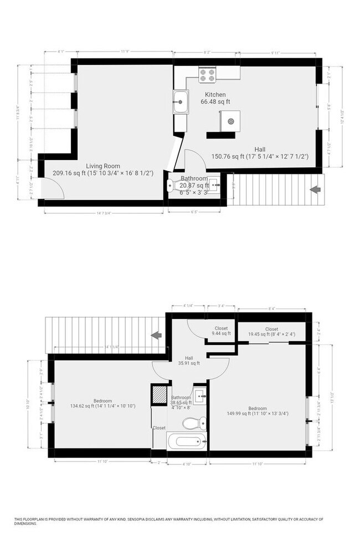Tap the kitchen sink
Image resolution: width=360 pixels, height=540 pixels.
click(181, 102)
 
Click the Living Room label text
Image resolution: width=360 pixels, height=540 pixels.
click(103, 166)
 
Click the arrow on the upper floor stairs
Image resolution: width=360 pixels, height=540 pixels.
click(315, 189)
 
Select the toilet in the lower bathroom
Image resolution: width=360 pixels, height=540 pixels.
click(191, 424)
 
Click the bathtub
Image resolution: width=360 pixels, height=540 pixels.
click(187, 442)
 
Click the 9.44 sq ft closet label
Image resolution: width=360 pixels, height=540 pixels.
click(221, 331)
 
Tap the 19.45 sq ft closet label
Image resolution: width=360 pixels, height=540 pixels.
click(271, 332)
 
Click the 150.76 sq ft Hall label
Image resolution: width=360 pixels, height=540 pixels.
click(260, 153)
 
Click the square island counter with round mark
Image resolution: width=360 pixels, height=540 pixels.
click(230, 120)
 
